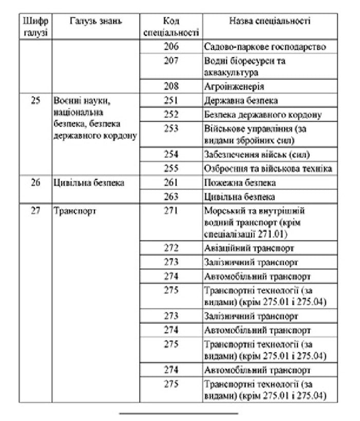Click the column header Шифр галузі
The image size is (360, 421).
[x=35, y=27]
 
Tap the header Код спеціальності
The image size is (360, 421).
[x=170, y=27]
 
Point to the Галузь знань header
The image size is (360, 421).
[x=96, y=22]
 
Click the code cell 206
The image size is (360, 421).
[x=170, y=47]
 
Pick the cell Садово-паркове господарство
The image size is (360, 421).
[x=264, y=47]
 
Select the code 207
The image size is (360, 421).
[x=170, y=61]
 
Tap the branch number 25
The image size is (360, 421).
[x=35, y=101]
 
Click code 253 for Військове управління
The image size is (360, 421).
[x=170, y=129]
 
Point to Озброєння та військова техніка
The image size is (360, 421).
[x=268, y=169]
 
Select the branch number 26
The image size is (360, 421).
[x=35, y=182]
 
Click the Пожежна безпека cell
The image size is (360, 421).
[x=240, y=182]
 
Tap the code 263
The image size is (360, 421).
[x=170, y=196]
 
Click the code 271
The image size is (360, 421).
[x=170, y=211]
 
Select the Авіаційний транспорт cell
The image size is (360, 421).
[x=249, y=248]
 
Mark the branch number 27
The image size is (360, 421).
[x=35, y=211]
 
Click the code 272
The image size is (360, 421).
[x=170, y=248]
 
